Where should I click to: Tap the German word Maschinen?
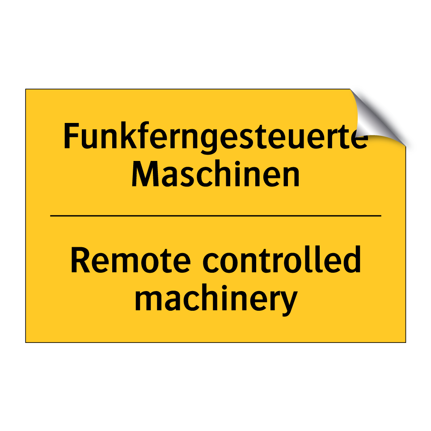[216, 174]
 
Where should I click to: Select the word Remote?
[131, 260]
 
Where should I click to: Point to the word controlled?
[282, 259]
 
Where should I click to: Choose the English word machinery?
[216, 300]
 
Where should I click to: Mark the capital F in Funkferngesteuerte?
[71, 136]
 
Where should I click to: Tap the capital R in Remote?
[80, 260]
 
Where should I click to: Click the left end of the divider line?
[51, 216]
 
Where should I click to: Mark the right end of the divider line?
[381, 216]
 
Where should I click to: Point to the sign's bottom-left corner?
[25, 342]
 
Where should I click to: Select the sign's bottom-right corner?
[406, 342]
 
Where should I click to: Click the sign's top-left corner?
[25, 89]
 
